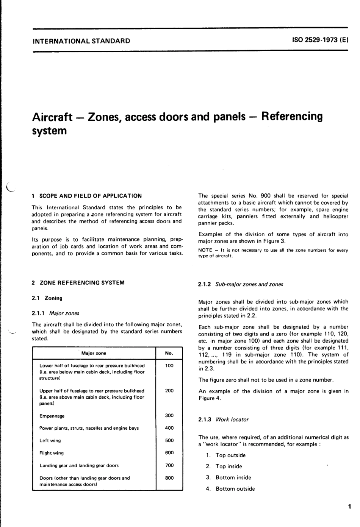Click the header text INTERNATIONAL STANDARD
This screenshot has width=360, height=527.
(x=81, y=41)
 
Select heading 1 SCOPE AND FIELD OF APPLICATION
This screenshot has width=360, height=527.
(x=87, y=196)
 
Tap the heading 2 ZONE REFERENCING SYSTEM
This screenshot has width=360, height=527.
(x=78, y=282)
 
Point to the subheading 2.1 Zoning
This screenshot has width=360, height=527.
(x=47, y=298)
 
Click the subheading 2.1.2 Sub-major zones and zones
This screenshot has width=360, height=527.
(x=241, y=284)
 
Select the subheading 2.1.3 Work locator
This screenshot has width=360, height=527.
(x=224, y=419)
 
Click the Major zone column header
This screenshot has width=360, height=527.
(x=94, y=353)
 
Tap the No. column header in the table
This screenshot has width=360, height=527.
(x=169, y=353)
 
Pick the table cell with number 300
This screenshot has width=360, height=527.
(x=169, y=415)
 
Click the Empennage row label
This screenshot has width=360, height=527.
(x=52, y=416)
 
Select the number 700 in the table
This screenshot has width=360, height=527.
(x=169, y=465)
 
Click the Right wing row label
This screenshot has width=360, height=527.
(x=52, y=453)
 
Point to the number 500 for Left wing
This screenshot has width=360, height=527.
(x=169, y=440)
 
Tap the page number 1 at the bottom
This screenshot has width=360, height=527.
(x=349, y=507)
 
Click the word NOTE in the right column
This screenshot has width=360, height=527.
(x=205, y=250)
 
